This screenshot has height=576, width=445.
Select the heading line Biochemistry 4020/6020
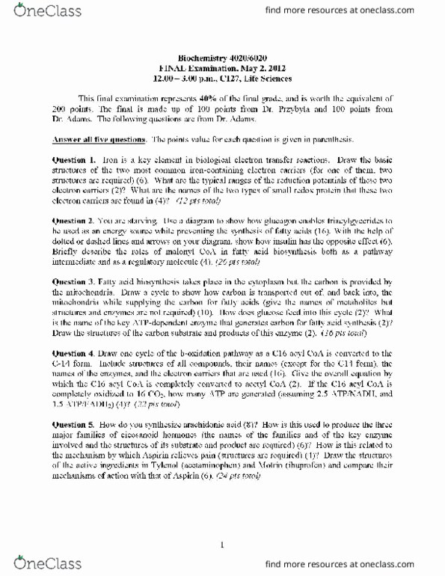pos(223,57)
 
